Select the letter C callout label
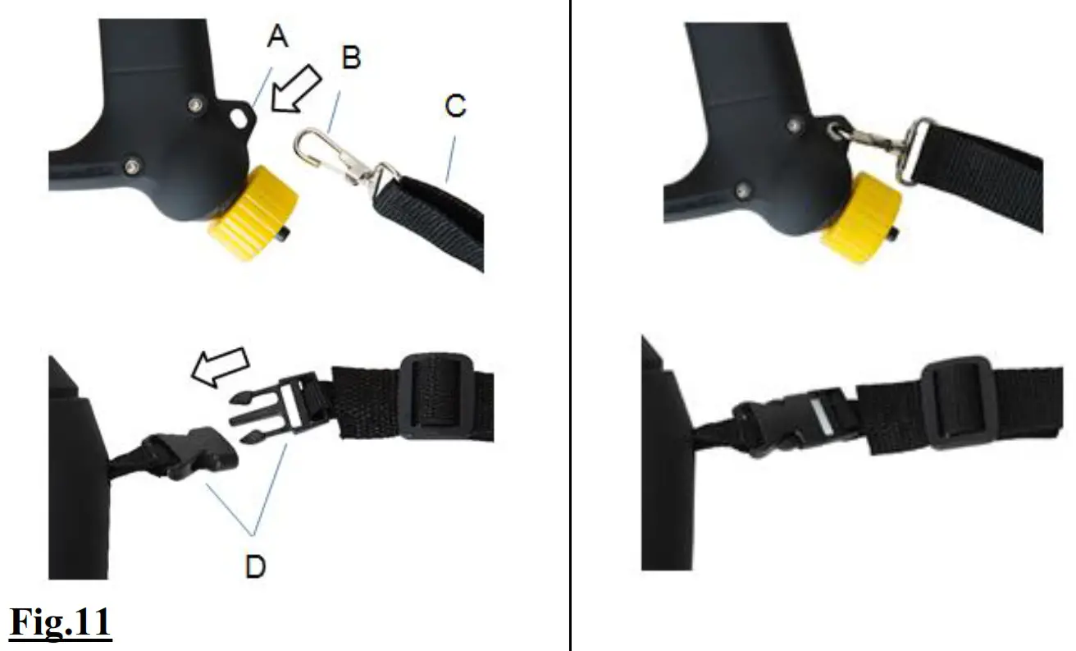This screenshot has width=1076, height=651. pyautogui.click(x=455, y=105)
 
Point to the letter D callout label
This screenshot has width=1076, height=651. pyautogui.click(x=255, y=566)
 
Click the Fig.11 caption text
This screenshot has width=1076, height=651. pyautogui.click(x=60, y=622)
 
